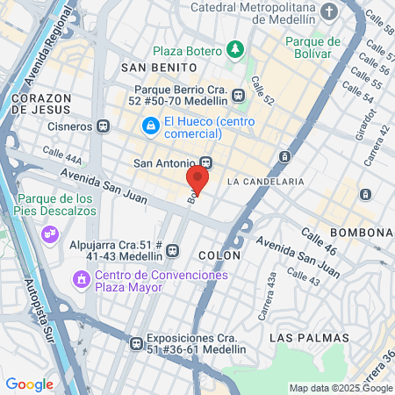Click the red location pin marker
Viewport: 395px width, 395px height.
(197, 180)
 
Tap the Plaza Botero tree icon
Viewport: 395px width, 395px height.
(234, 50)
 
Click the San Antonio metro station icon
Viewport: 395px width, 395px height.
(206, 162)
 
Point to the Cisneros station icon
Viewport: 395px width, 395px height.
(104, 125)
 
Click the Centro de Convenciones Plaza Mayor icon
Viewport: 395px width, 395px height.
(81, 281)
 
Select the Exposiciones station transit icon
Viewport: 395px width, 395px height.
(135, 343)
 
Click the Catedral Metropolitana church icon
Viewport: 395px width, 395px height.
(328, 11)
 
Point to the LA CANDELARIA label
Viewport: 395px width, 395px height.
(265, 181)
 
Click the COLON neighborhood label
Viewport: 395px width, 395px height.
(219, 255)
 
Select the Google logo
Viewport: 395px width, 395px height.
(29, 384)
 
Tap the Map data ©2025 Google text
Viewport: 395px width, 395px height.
(341, 388)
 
